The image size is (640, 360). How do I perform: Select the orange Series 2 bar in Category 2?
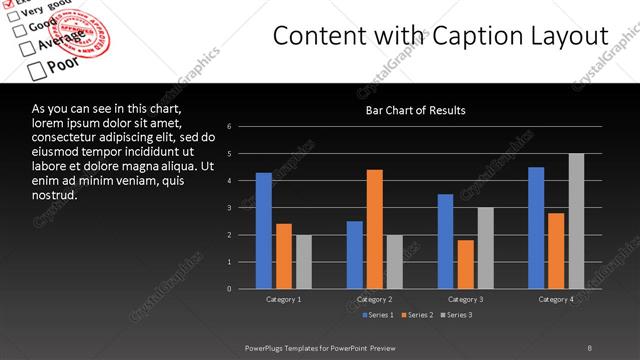[375, 229]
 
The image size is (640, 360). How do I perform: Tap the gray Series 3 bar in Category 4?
[576, 221]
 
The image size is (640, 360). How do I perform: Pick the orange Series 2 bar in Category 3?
[466, 264]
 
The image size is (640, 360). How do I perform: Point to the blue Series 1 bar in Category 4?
[536, 228]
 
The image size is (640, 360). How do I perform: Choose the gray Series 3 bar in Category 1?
[304, 262]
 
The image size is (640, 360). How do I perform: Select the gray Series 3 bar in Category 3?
[486, 248]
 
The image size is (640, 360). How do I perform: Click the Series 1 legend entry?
[378, 315]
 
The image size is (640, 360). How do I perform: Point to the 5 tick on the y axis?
[230, 154]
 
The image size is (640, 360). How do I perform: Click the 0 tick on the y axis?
[230, 289]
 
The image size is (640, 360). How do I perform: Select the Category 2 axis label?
[375, 299]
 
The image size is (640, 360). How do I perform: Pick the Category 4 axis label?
[556, 299]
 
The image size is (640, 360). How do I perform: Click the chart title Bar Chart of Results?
[414, 110]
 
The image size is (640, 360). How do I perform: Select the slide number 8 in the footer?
[589, 347]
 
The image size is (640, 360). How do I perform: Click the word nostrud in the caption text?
[54, 195]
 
